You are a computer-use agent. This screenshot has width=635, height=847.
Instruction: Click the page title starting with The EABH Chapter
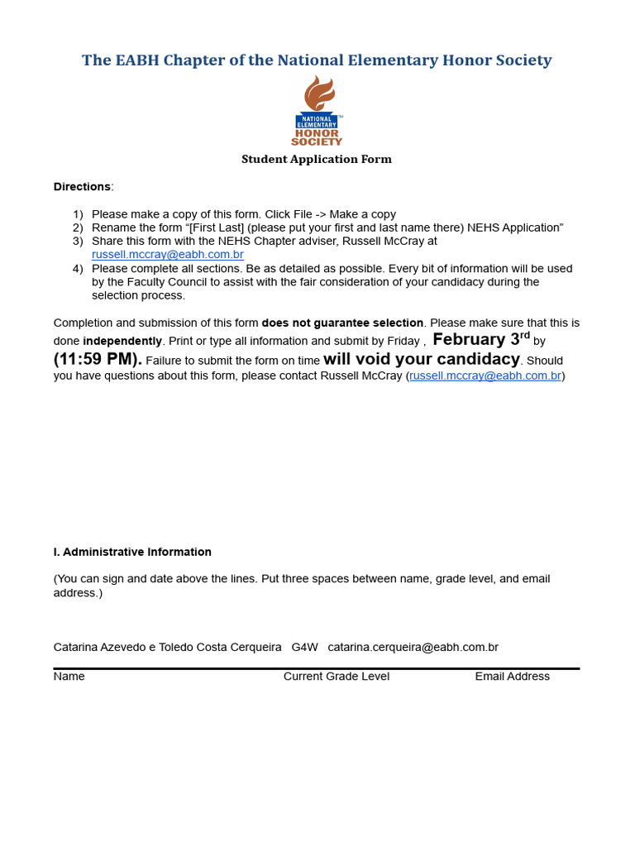[x=317, y=60]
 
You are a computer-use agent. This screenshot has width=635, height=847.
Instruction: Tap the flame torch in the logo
[x=318, y=93]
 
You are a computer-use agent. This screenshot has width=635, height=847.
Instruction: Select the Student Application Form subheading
[x=317, y=159]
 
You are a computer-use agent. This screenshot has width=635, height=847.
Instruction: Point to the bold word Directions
[x=82, y=187]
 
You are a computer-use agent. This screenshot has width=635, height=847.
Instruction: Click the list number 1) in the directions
[x=78, y=214]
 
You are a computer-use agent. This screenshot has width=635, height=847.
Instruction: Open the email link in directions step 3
[x=167, y=255]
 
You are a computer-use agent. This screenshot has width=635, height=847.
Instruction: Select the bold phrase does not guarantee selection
[x=342, y=323]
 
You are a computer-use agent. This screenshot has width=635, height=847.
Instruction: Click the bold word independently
[x=122, y=341]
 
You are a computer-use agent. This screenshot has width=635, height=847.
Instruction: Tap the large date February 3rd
[x=480, y=339]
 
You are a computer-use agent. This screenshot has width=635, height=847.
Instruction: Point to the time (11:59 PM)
[x=98, y=359]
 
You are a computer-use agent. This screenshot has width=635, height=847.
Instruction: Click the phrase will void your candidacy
[x=422, y=359]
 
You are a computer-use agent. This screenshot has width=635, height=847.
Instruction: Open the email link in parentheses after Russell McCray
[x=485, y=376]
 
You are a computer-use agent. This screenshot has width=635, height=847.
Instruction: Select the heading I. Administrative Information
[x=132, y=552]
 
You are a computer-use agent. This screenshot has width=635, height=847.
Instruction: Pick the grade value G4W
[x=304, y=647]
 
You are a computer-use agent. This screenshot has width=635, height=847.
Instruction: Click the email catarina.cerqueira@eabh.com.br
[x=413, y=647]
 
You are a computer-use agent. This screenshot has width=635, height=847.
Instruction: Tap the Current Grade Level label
[x=337, y=677]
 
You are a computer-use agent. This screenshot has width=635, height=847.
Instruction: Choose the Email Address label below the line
[x=512, y=677]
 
